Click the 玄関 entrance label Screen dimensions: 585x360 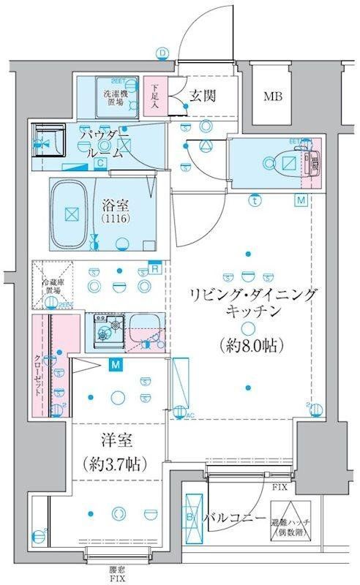(203, 95)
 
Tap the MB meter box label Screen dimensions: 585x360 (274, 96)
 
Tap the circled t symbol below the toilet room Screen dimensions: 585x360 (254, 199)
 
